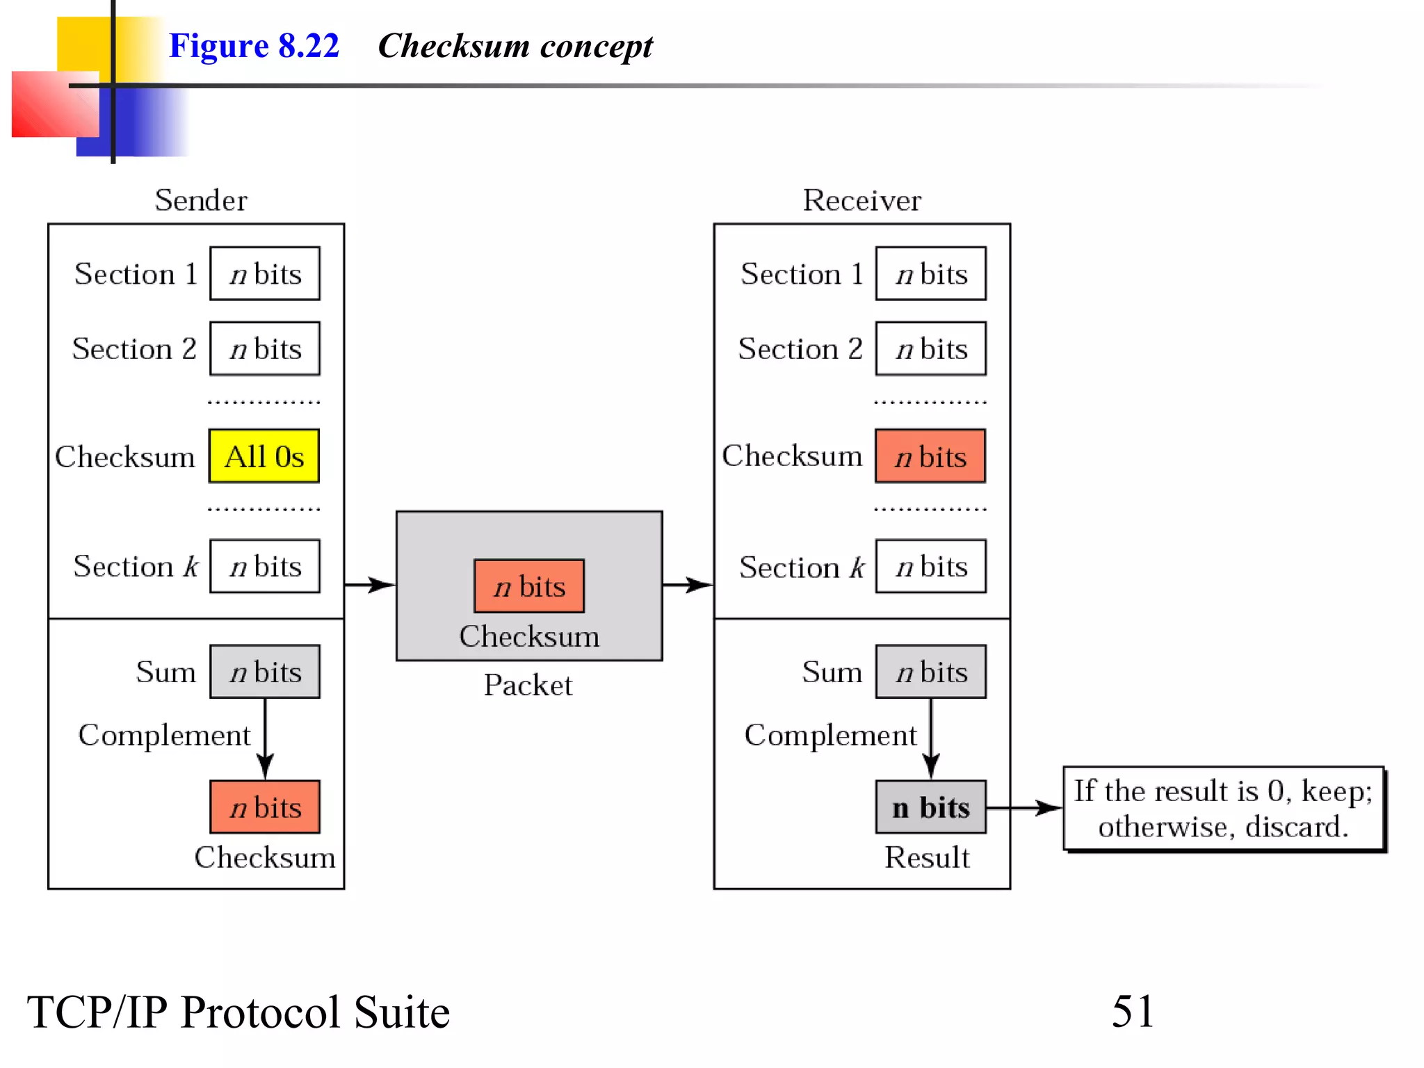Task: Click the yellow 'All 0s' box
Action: tap(264, 456)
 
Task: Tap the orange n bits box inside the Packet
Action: tap(529, 586)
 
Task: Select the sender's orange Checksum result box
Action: tap(265, 807)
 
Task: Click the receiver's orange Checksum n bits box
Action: tap(930, 456)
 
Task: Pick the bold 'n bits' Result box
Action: tap(930, 807)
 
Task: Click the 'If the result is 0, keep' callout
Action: tap(1223, 809)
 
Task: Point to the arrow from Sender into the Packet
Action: tap(370, 585)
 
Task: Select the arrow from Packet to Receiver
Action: tap(688, 585)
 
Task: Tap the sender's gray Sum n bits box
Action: tap(265, 672)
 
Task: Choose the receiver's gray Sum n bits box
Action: tap(930, 672)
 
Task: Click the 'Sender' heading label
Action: tap(200, 200)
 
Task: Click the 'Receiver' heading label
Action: tap(861, 200)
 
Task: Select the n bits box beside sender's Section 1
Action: tap(265, 273)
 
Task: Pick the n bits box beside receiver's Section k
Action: tap(930, 567)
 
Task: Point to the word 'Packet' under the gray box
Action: tap(528, 685)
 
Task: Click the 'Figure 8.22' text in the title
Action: tap(254, 46)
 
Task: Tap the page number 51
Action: tap(1133, 1011)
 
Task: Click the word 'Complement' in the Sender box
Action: tap(164, 735)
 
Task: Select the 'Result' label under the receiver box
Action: tap(927, 857)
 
